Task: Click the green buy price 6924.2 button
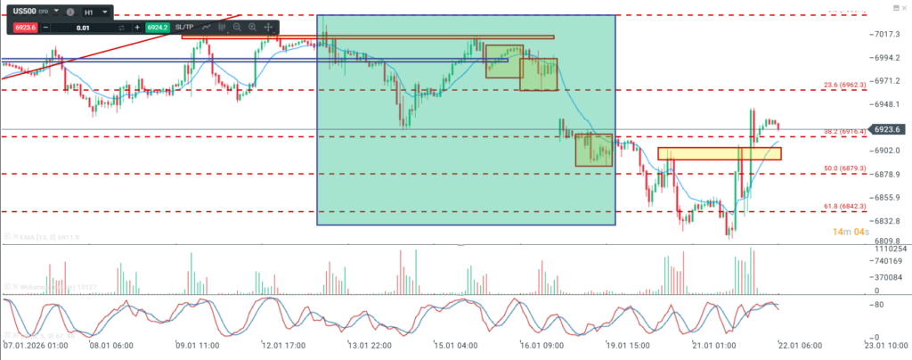159,28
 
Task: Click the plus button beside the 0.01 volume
137,28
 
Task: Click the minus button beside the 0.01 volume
45,28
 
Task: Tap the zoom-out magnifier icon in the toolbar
237,28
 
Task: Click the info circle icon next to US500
71,12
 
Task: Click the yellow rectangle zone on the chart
719,153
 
